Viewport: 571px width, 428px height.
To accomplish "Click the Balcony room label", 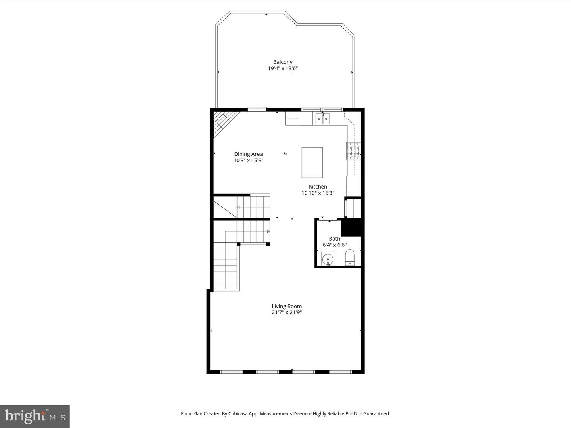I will (283, 62).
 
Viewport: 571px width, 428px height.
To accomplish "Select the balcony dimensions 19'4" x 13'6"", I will (283, 68).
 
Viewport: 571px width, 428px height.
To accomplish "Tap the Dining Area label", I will (248, 154).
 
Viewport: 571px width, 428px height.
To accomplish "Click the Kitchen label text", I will (318, 187).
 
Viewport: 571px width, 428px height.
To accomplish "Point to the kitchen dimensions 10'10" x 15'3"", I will (318, 193).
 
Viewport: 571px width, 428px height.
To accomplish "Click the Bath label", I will (334, 239).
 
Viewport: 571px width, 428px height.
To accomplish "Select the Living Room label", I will (287, 306).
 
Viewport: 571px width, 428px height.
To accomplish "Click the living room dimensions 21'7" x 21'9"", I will (287, 312).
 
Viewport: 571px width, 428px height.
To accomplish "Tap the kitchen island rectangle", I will (312, 162).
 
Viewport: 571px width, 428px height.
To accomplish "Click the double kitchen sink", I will (322, 118).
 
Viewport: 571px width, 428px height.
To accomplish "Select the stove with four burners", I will (354, 151).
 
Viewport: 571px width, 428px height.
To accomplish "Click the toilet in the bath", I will (349, 257).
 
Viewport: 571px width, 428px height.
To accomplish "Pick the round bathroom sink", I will (328, 260).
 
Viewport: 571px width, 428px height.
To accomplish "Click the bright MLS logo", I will (35, 416).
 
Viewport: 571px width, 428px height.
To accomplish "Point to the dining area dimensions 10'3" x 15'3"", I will (248, 160).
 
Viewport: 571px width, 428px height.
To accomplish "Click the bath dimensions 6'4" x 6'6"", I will (334, 245).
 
